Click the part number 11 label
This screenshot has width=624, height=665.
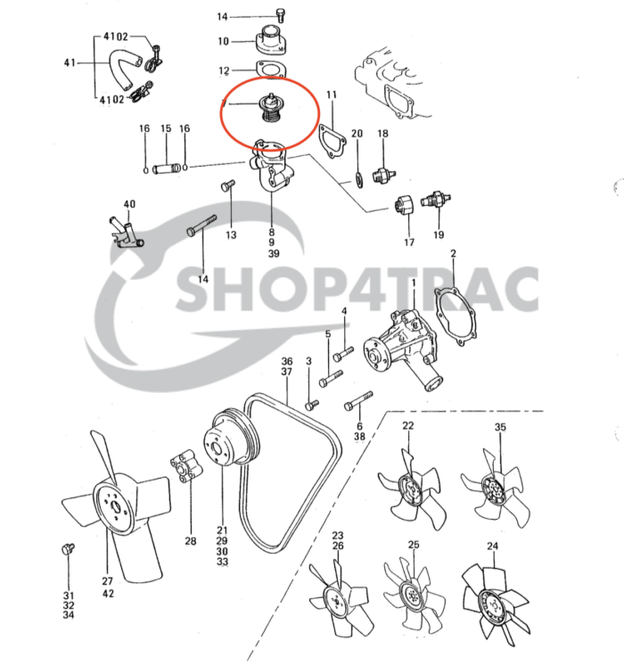pyautogui.click(x=331, y=94)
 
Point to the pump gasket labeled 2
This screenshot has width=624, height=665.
pyautogui.click(x=460, y=312)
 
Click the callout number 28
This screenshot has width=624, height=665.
pyautogui.click(x=190, y=541)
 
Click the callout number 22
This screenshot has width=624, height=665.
pyautogui.click(x=408, y=425)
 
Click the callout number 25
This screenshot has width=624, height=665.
pyautogui.click(x=414, y=545)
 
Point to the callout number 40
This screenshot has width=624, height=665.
pyautogui.click(x=129, y=204)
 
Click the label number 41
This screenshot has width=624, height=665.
pyautogui.click(x=69, y=63)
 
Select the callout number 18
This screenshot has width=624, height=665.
pyautogui.click(x=382, y=134)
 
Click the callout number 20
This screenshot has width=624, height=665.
pyautogui.click(x=357, y=134)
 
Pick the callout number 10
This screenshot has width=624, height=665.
pyautogui.click(x=223, y=41)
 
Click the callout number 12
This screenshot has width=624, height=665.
pyautogui.click(x=224, y=70)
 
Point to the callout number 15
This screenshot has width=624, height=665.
pyautogui.click(x=165, y=129)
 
